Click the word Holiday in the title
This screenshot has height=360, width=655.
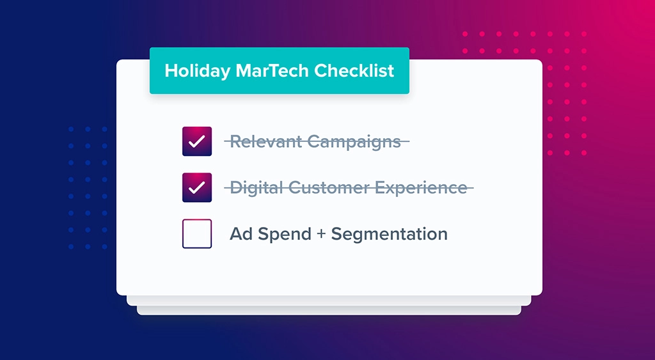pos(191,71)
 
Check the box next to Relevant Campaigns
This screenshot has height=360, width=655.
pos(197,141)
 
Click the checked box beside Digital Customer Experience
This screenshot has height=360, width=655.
pos(197,187)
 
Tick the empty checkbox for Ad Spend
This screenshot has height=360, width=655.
pos(197,234)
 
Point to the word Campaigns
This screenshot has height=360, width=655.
pos(354,142)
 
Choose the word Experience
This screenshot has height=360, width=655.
pos(422,188)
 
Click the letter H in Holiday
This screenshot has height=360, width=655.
pos(170,71)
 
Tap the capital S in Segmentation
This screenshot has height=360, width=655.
pos(337,234)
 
